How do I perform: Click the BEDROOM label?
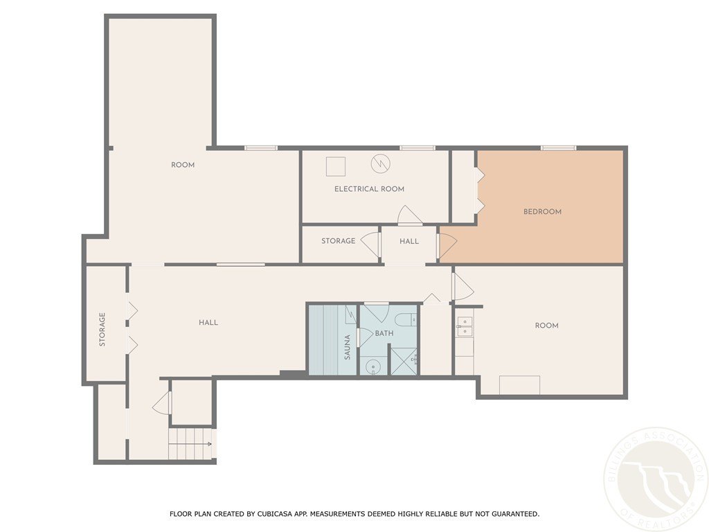542,211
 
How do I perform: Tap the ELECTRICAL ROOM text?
369,188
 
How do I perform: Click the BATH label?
384,333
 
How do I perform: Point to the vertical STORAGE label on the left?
102,330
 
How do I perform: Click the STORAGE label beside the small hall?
338,241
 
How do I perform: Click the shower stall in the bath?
404,361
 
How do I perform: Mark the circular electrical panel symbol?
380,163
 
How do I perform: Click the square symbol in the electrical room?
336,166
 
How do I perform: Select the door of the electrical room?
409,215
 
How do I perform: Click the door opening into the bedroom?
447,245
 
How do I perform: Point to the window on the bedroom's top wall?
558,148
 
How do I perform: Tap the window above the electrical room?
417,148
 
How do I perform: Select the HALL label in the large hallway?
208,322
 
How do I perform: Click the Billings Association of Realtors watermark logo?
655,479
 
